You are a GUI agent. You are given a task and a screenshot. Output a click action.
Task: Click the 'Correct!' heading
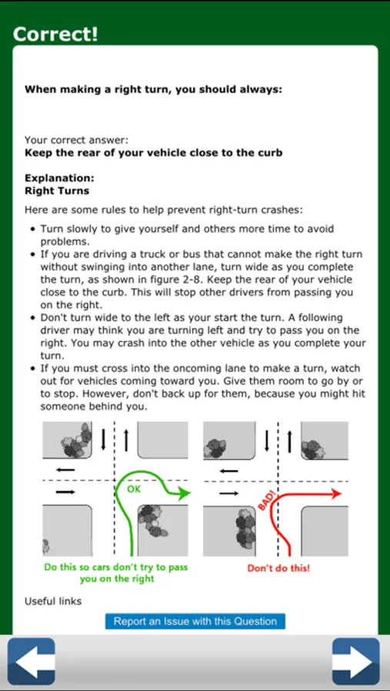tap(55, 34)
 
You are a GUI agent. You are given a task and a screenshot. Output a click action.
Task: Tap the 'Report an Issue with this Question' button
tap(195, 621)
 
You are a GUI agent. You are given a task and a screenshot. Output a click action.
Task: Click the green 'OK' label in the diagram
tap(134, 489)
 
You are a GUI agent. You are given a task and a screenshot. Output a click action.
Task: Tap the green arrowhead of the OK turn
tap(185, 494)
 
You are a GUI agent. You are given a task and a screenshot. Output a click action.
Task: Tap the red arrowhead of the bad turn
tap(337, 494)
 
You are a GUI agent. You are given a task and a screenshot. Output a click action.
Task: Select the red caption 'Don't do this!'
tap(278, 568)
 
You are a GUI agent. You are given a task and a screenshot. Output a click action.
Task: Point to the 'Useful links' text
tap(53, 601)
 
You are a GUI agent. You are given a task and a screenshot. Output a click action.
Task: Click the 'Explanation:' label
tap(60, 178)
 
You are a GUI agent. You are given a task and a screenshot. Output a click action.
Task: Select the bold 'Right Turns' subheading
tap(57, 191)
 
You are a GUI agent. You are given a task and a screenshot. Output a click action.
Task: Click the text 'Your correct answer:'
tap(76, 141)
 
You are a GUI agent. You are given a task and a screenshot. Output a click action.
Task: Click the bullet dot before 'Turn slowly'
tap(32, 229)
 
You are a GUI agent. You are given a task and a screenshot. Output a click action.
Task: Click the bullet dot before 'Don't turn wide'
tap(32, 318)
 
